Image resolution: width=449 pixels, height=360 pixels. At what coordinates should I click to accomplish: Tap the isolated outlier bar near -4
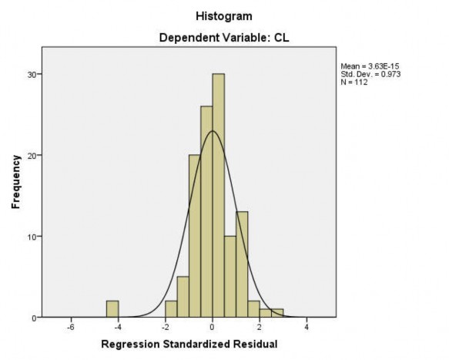point(112,309)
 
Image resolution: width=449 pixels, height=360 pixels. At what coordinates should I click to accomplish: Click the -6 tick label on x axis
point(70,327)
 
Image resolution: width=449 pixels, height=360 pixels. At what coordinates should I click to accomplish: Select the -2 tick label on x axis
point(164,327)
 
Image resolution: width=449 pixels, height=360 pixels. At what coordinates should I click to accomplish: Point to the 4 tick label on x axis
point(307,327)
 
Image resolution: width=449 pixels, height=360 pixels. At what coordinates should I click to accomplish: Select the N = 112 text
point(354,82)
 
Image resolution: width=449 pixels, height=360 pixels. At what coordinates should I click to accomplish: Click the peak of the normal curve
point(213,131)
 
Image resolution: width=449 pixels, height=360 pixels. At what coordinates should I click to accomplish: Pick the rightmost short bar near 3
point(277,313)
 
